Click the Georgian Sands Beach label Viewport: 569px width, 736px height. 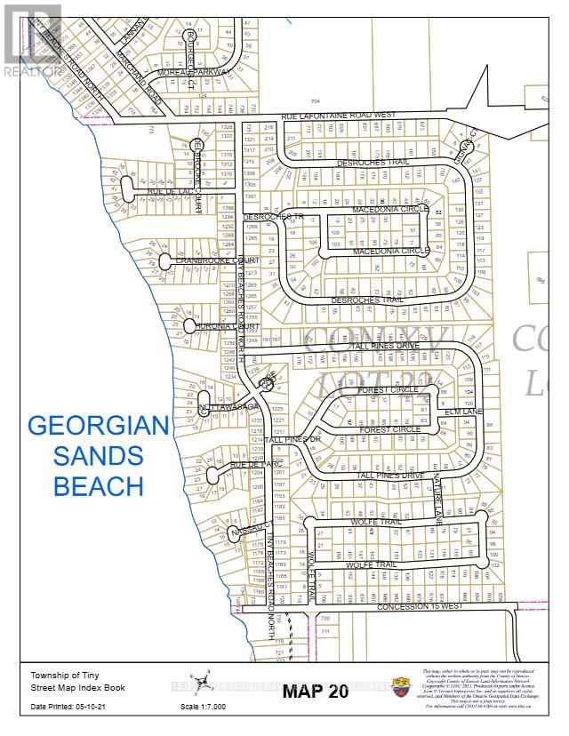click(x=99, y=456)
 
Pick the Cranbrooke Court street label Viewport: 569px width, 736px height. click(x=210, y=260)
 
